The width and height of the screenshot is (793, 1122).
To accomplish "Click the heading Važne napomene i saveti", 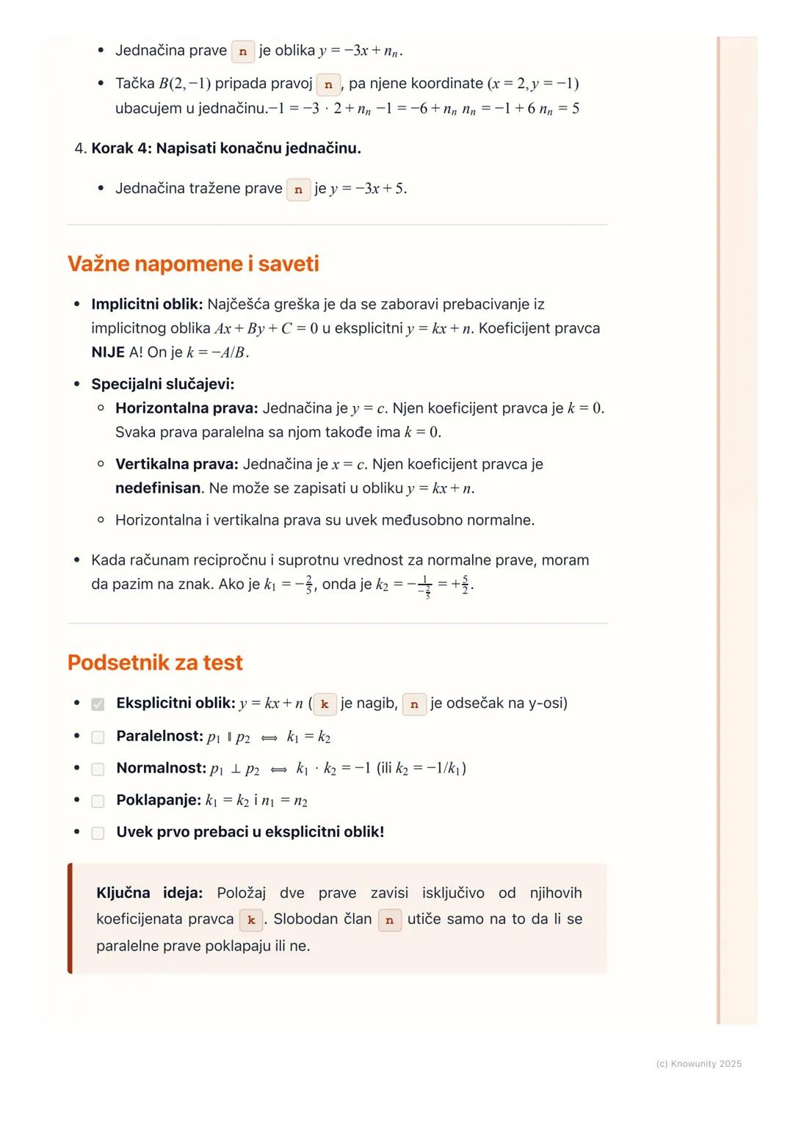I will click(193, 264).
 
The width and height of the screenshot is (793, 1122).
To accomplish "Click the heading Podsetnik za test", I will click(155, 662).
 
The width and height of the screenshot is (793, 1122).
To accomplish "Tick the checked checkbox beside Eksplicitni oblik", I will click(98, 704).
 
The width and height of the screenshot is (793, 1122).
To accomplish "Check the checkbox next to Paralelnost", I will click(98, 737).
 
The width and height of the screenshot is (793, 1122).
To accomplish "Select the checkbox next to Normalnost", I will click(98, 769).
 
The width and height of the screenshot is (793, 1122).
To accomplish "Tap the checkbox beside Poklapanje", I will click(98, 801).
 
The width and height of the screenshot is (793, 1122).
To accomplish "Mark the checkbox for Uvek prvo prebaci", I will click(98, 833).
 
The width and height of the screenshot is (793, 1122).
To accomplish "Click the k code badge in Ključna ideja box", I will click(251, 920).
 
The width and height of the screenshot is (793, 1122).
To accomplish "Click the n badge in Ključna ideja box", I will click(390, 920).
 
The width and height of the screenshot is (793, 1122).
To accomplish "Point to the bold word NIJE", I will click(108, 352).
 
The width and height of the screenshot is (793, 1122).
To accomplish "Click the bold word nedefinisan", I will click(158, 488).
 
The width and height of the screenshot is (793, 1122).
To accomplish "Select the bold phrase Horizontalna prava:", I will click(187, 408).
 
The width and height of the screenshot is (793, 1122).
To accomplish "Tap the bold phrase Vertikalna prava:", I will click(176, 464).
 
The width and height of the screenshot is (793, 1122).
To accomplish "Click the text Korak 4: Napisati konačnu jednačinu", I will click(226, 148).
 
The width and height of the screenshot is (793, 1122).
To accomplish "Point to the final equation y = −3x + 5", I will click(368, 189).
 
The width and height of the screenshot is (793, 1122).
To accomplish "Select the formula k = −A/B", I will click(217, 352).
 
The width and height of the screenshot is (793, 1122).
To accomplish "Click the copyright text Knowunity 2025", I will click(698, 1064).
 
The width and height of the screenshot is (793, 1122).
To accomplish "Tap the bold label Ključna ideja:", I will click(149, 893).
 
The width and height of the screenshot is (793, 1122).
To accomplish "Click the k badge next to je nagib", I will click(324, 704).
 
